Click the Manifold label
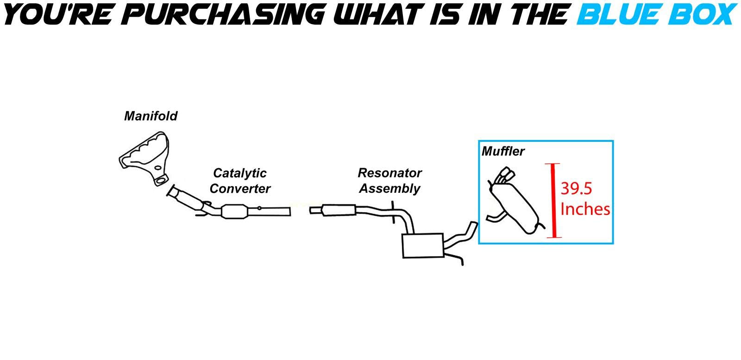[151, 116]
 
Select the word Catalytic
[239, 173]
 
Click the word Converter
[239, 189]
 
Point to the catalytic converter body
[235, 212]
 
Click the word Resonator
[389, 173]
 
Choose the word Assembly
[389, 189]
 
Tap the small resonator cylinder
[339, 210]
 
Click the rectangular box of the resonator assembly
[423, 246]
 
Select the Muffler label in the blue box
[503, 151]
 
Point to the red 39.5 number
[576, 189]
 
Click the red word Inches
[585, 209]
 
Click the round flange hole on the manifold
[162, 180]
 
